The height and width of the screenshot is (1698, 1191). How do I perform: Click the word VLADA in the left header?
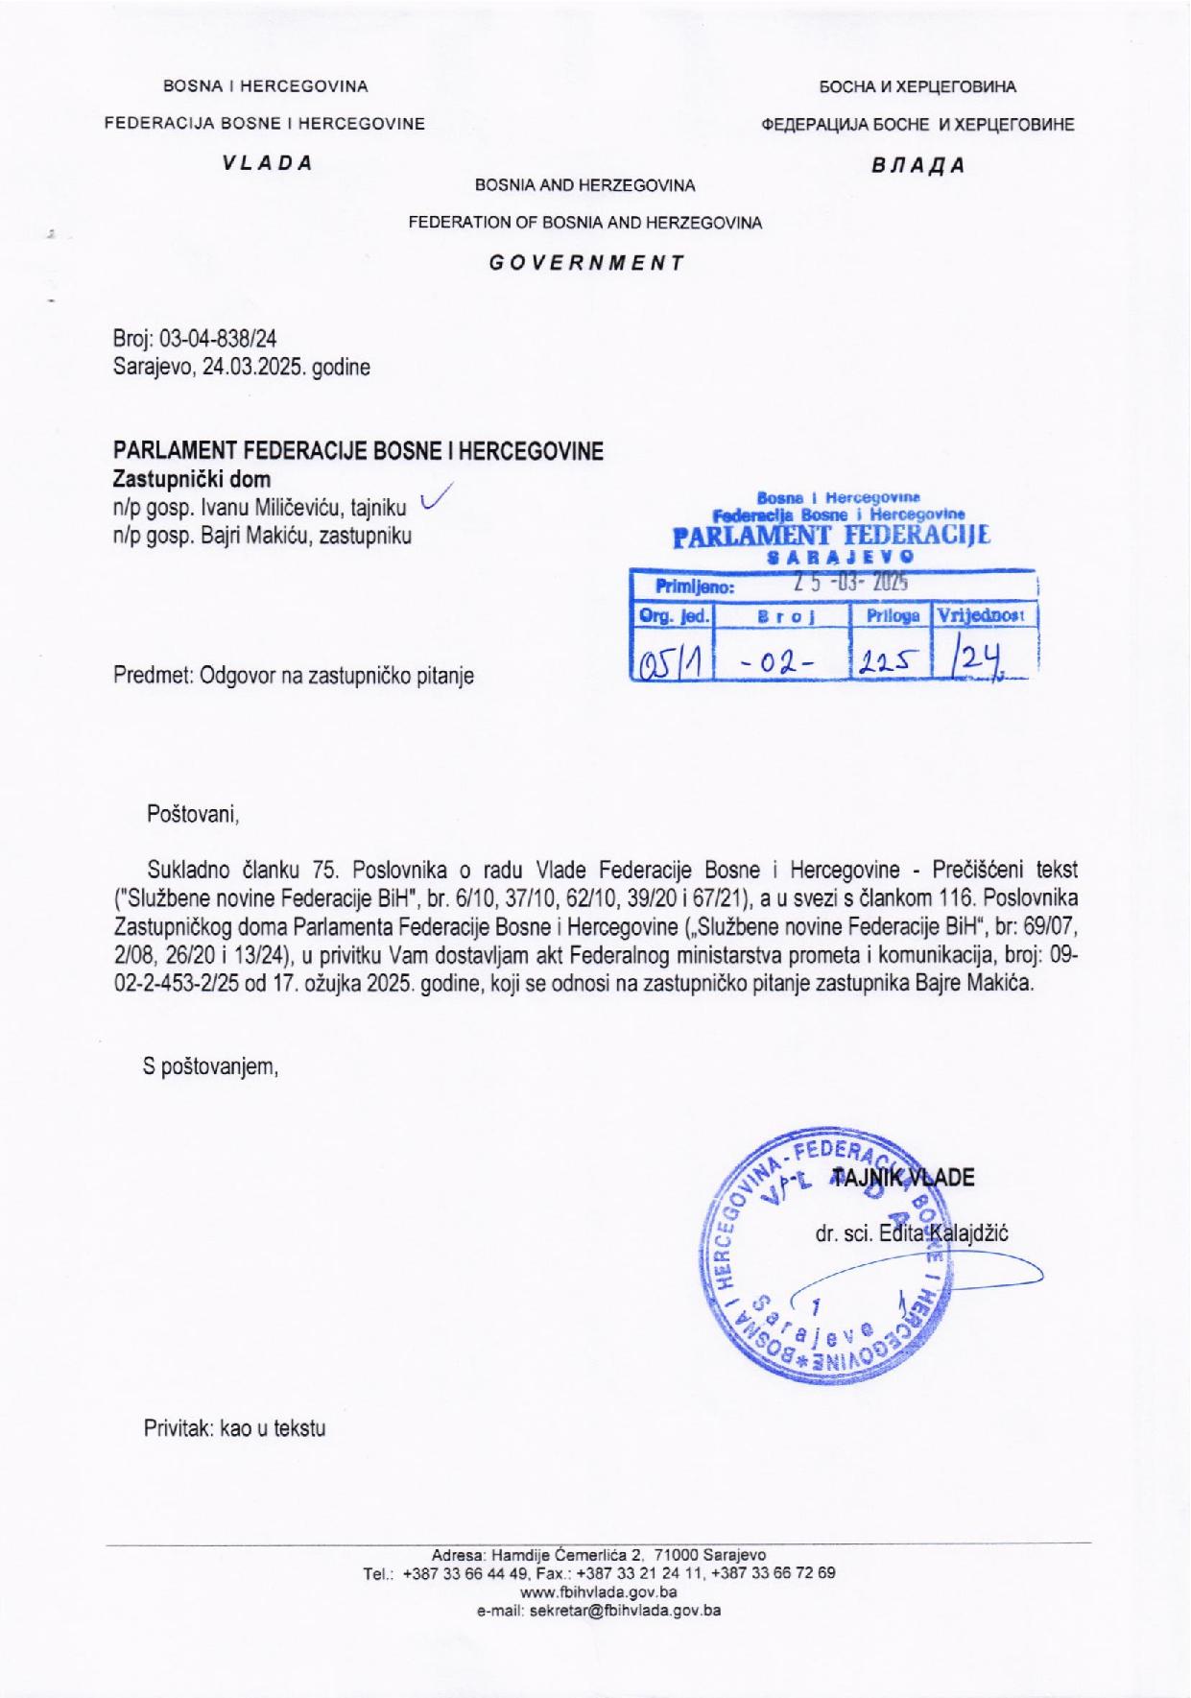coord(267,162)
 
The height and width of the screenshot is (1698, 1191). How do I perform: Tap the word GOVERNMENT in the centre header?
coord(585,261)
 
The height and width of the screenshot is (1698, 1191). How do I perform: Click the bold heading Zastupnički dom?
coord(192,479)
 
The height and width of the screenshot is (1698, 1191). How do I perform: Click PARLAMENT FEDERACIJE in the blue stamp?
coord(831,536)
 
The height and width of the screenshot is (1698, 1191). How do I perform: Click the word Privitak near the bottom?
coord(178,1428)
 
